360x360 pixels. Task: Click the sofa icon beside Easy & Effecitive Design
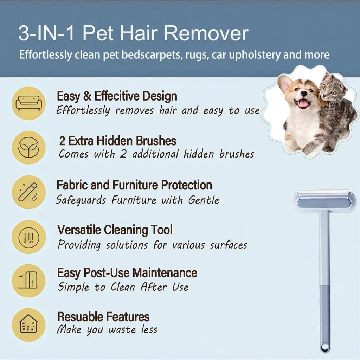point(29,103)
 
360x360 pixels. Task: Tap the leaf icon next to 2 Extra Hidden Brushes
point(29,148)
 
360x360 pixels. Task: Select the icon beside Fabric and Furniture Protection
point(29,192)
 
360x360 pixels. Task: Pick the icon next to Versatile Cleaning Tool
point(29,237)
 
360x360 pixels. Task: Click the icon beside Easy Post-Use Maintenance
point(29,281)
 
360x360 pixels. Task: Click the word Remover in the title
point(206,34)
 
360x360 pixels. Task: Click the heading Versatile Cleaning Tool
point(115,230)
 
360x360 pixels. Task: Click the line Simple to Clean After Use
point(123,287)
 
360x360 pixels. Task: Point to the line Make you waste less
point(107,330)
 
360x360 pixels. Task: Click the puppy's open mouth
point(303,103)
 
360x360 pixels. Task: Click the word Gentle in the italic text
point(204,200)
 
